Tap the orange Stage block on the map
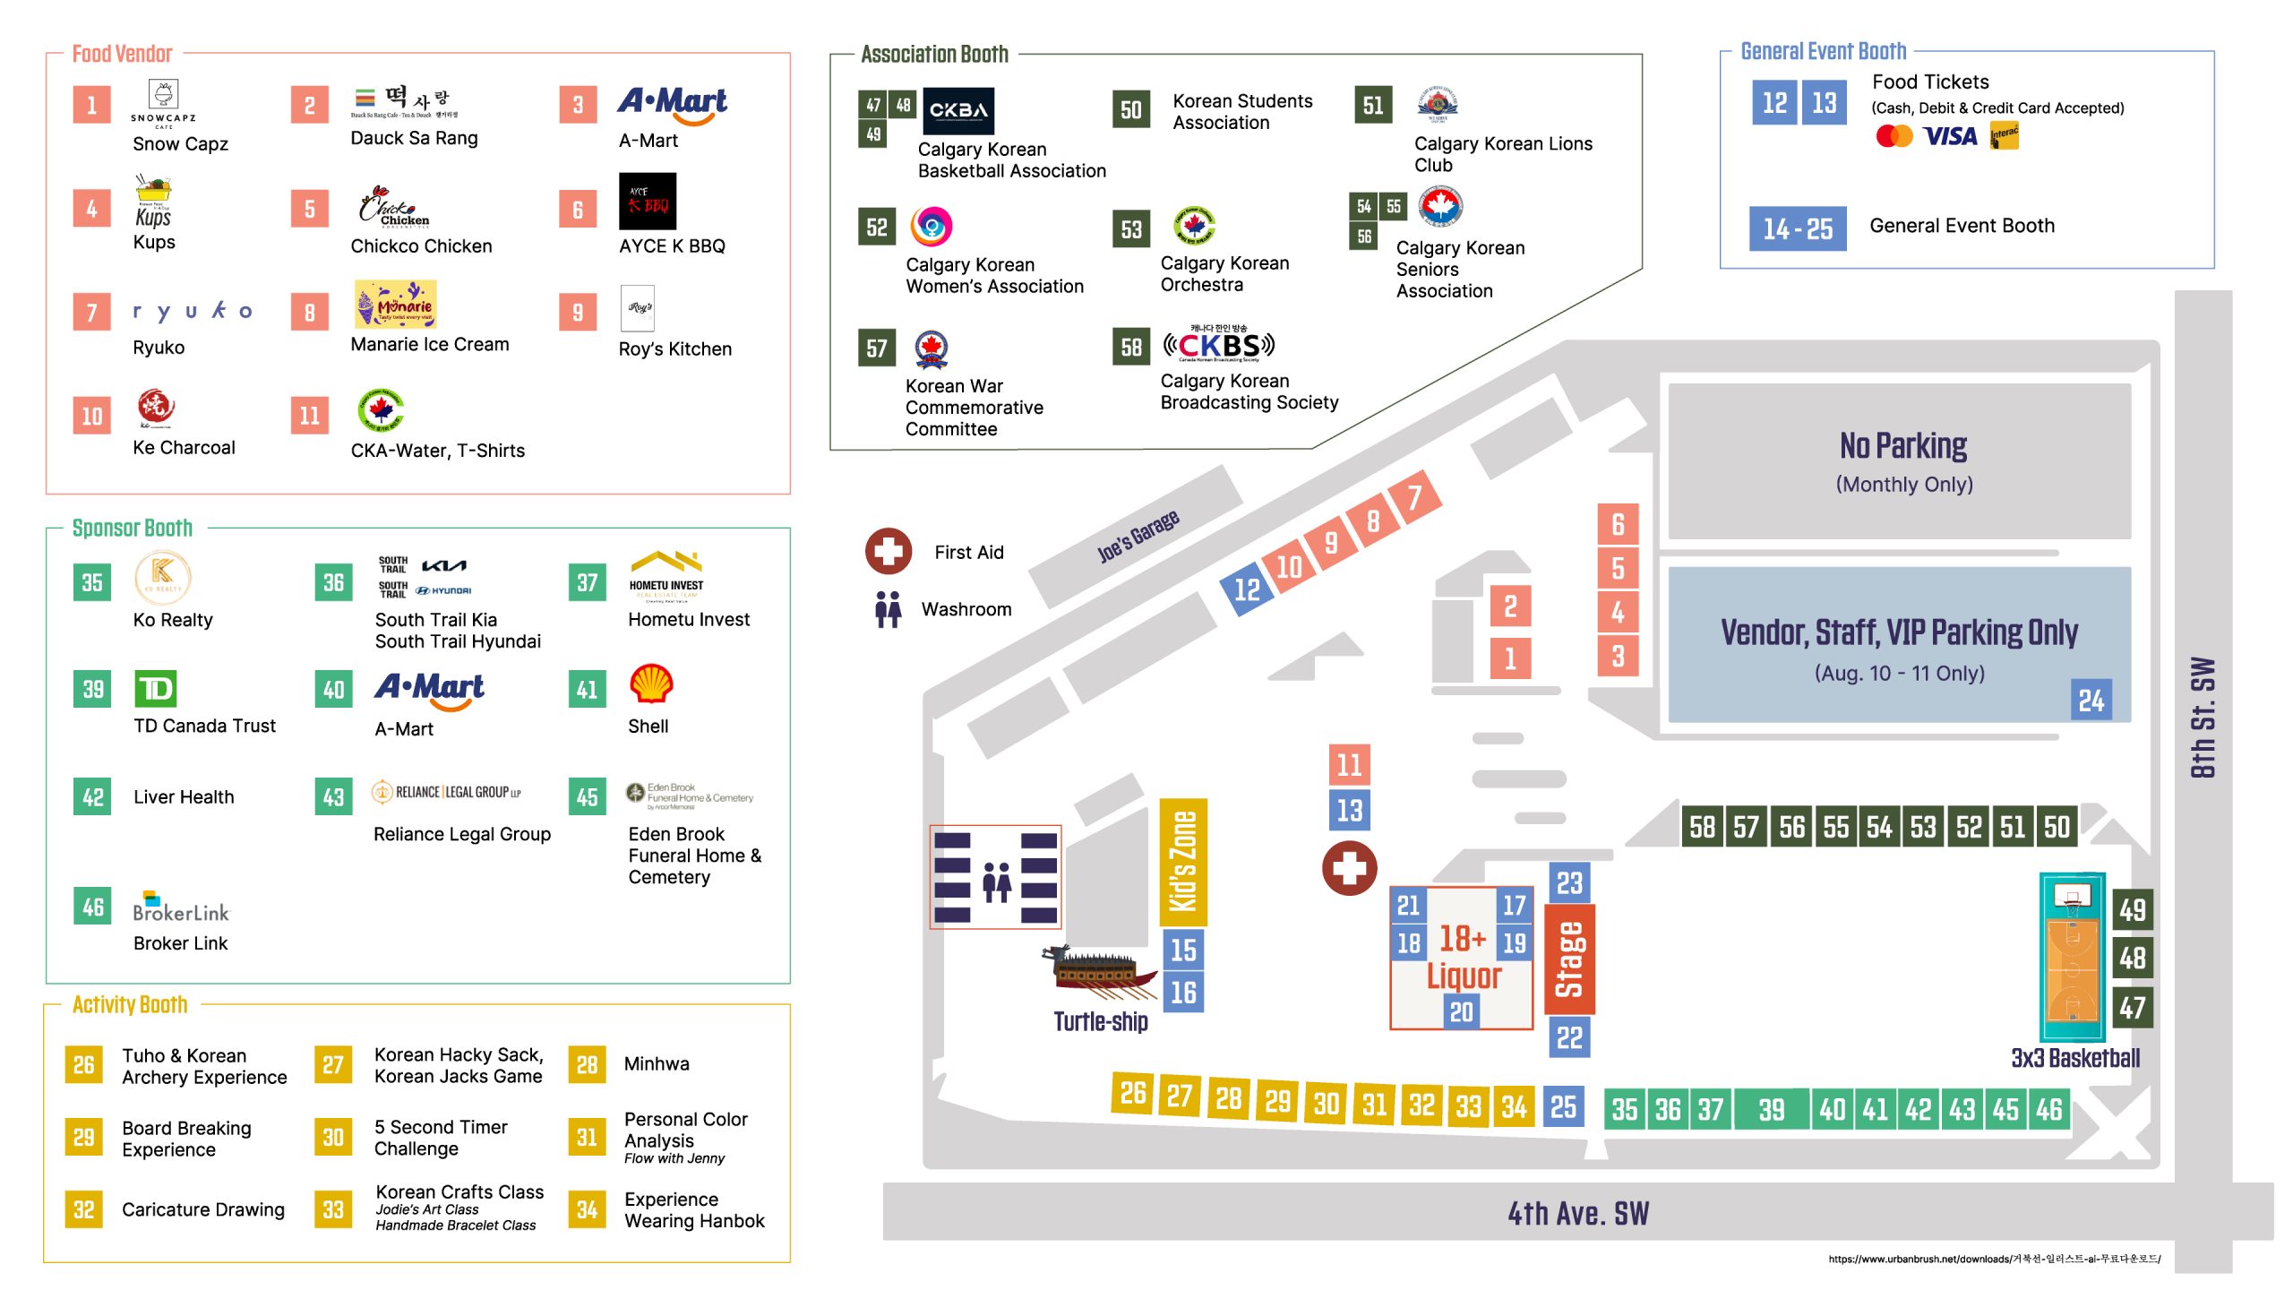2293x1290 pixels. point(1569,959)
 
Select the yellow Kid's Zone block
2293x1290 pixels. point(1182,862)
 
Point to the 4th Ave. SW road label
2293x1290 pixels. point(1577,1213)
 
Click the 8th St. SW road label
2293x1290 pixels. point(2203,718)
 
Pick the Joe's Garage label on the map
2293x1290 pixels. point(1138,536)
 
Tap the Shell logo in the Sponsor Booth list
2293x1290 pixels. point(651,684)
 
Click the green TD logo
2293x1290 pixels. point(156,689)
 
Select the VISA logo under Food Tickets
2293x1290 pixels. point(1950,136)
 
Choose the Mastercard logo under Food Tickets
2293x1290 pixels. point(1894,136)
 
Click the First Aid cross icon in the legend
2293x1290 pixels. point(888,551)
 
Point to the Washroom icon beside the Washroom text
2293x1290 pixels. point(888,609)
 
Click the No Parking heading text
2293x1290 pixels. point(1902,445)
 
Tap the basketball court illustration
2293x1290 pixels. point(2071,957)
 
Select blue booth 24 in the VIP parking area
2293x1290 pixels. point(2091,700)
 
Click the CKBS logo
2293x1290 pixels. point(1218,345)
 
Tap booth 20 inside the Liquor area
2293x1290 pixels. point(1461,1012)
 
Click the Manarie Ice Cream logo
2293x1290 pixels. point(395,305)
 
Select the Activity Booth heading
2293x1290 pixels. point(130,1004)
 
